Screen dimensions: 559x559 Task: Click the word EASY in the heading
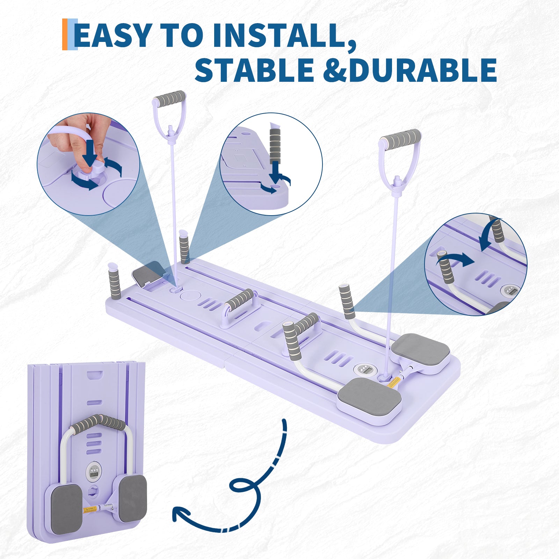(x=112, y=35)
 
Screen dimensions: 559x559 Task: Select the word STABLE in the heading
(x=254, y=70)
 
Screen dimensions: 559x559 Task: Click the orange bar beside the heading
(x=65, y=34)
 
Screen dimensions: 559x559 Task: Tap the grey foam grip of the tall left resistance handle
(x=170, y=97)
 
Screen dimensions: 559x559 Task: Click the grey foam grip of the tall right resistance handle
(x=401, y=138)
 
